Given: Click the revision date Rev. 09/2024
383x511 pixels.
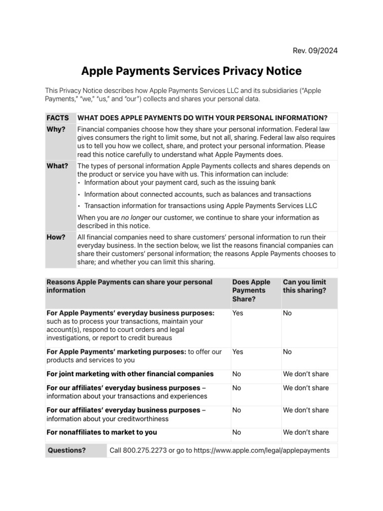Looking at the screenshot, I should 314,50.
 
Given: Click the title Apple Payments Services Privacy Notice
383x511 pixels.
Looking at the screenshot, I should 191,71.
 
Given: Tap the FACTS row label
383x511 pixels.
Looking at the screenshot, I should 57,118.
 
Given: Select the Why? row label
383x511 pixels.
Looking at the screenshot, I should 56,129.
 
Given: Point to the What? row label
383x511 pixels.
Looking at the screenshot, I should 57,166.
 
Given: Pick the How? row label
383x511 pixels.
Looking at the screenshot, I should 56,237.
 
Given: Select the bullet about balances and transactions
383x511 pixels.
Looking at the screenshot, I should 197,194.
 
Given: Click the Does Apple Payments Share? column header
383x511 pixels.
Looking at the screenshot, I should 251,290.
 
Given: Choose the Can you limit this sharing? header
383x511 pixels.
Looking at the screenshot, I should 304,286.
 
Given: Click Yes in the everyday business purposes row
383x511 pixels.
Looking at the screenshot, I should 238,313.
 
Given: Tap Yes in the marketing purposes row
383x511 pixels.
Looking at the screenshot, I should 238,352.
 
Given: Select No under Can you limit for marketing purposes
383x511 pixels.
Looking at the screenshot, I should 287,352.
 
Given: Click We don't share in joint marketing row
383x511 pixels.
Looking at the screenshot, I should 306,374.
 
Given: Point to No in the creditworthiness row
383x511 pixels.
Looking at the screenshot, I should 237,410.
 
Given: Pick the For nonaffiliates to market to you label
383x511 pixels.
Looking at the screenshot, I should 102,432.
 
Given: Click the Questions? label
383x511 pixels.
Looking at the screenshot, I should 67,450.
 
